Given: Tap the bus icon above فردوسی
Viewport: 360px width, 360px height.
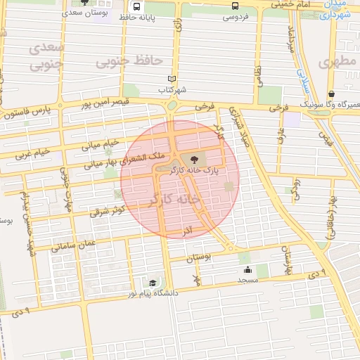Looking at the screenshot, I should point(235,5).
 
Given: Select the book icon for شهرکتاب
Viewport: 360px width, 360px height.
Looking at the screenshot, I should point(172,79).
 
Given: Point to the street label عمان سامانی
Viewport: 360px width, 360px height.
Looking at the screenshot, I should point(74,244).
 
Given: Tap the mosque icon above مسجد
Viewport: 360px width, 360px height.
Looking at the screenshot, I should point(247,270).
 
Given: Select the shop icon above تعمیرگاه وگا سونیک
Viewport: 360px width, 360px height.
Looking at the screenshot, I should point(330,94).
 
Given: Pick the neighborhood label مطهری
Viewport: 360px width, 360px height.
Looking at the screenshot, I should point(333,61).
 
